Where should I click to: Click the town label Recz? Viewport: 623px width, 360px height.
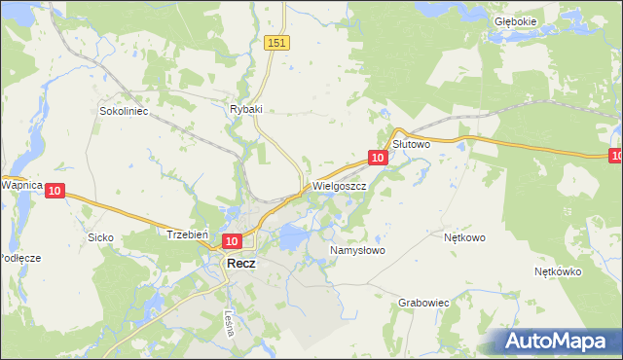[240, 263]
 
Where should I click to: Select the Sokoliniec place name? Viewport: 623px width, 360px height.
[123, 112]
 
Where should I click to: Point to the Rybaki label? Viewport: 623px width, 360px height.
[247, 110]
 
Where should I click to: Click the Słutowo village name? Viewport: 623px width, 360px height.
[411, 143]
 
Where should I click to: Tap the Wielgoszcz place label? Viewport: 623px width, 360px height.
[339, 185]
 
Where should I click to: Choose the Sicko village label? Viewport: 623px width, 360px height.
[100, 237]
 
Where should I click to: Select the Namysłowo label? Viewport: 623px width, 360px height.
[357, 250]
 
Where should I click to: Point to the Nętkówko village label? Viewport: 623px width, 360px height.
[558, 271]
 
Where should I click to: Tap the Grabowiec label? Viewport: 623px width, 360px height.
[423, 303]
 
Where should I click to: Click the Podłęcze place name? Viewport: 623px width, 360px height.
[19, 257]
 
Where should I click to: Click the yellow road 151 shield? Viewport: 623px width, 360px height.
[278, 43]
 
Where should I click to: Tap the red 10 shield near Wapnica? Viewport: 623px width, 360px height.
[55, 192]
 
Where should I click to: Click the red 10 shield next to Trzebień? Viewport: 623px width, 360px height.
[231, 241]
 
